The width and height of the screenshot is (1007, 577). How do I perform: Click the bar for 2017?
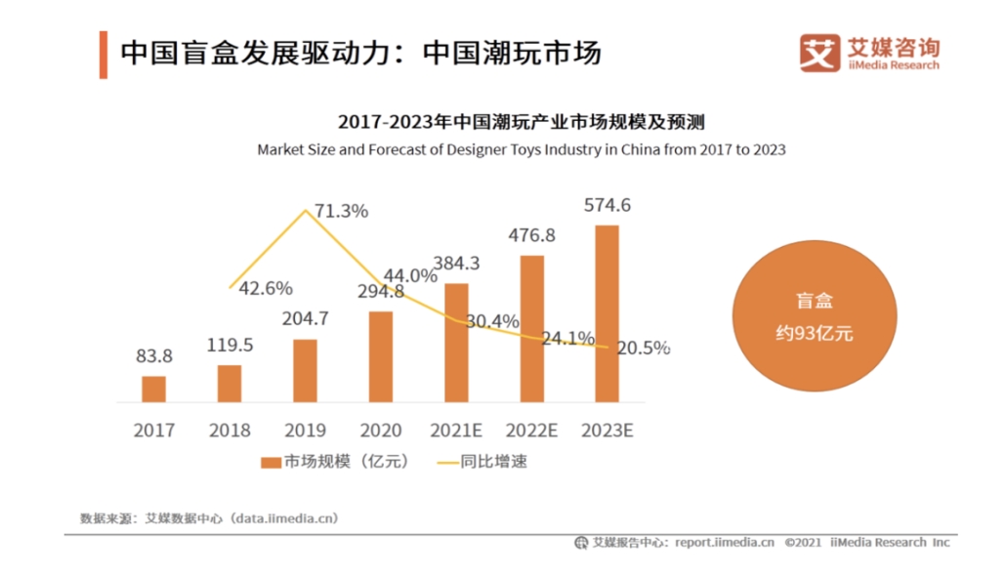154,389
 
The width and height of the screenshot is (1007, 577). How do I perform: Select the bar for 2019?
305,370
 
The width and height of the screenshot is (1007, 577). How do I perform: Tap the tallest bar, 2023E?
607,312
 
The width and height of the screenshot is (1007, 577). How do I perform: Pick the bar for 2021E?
456,342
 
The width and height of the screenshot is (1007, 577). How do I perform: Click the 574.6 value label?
608,205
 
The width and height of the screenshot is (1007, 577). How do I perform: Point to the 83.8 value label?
154,356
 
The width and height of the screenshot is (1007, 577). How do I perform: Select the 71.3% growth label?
341,211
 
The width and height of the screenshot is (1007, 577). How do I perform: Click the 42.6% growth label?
265,288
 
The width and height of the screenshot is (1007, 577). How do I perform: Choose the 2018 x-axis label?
229,430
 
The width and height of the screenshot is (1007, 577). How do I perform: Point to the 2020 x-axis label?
380,430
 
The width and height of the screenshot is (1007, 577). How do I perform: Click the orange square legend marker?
271,462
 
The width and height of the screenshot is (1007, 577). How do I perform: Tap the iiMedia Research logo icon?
819,53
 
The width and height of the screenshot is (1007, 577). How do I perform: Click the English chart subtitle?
521,150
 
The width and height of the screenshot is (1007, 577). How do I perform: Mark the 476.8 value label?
532,235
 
